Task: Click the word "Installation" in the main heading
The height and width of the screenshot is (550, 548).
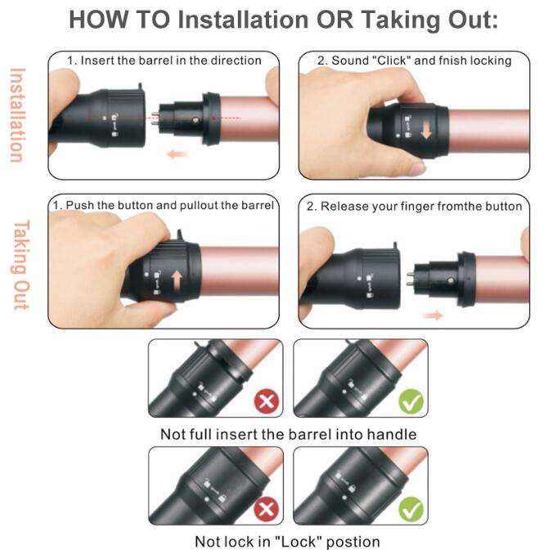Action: [243, 20]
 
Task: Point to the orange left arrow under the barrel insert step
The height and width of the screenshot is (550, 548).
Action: [177, 154]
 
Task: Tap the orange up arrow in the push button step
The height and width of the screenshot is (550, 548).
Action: [177, 282]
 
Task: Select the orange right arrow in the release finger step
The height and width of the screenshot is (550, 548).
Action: [434, 315]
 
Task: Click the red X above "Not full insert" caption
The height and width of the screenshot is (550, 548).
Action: [267, 401]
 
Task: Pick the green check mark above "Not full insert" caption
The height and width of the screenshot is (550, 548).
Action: [411, 401]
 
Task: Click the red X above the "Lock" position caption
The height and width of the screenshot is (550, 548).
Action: [267, 509]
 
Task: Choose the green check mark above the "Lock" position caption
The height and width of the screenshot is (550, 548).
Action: [411, 509]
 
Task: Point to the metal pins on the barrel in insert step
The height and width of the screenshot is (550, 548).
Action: [155, 118]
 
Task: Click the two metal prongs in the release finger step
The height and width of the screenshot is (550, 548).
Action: [410, 279]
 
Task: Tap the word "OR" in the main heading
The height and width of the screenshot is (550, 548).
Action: [335, 20]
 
